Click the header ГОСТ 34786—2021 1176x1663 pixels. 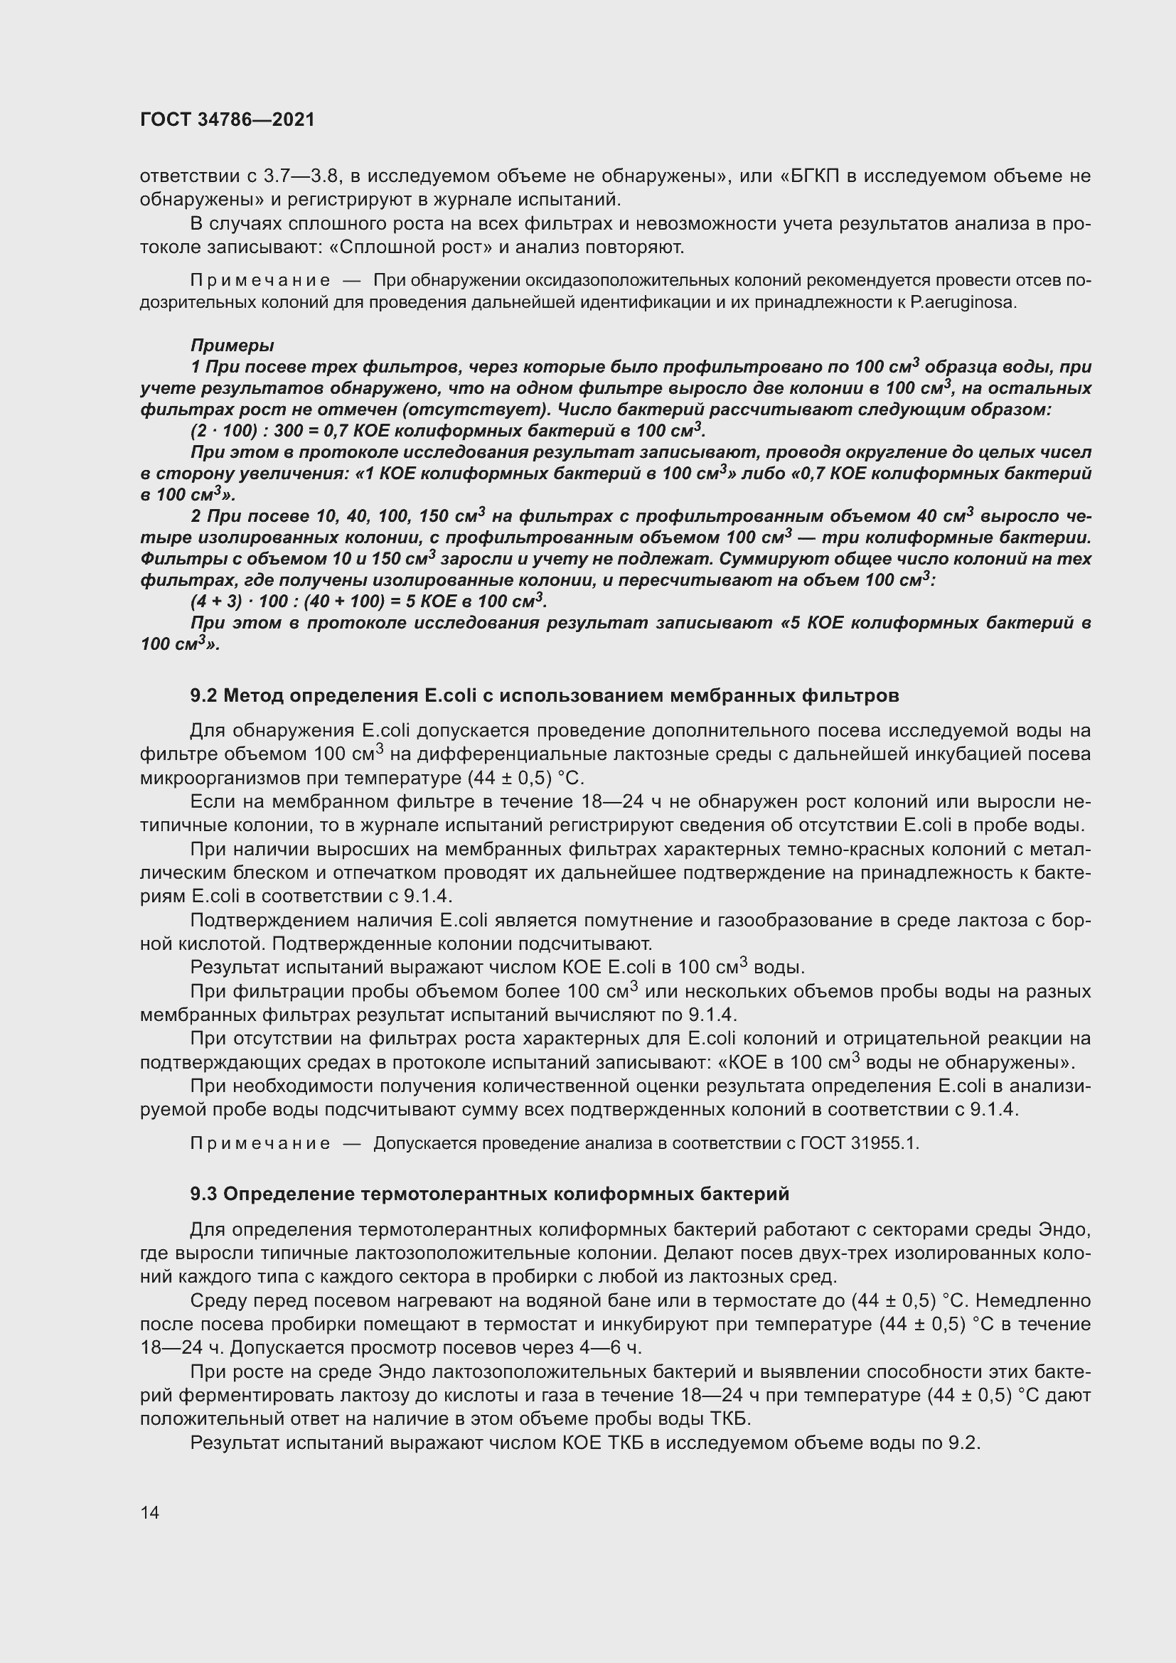coord(228,120)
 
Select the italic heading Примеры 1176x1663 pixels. coord(232,346)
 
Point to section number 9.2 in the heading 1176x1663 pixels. coord(203,696)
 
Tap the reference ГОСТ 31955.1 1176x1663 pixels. coord(860,1144)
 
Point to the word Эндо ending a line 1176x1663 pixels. coord(1064,1230)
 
